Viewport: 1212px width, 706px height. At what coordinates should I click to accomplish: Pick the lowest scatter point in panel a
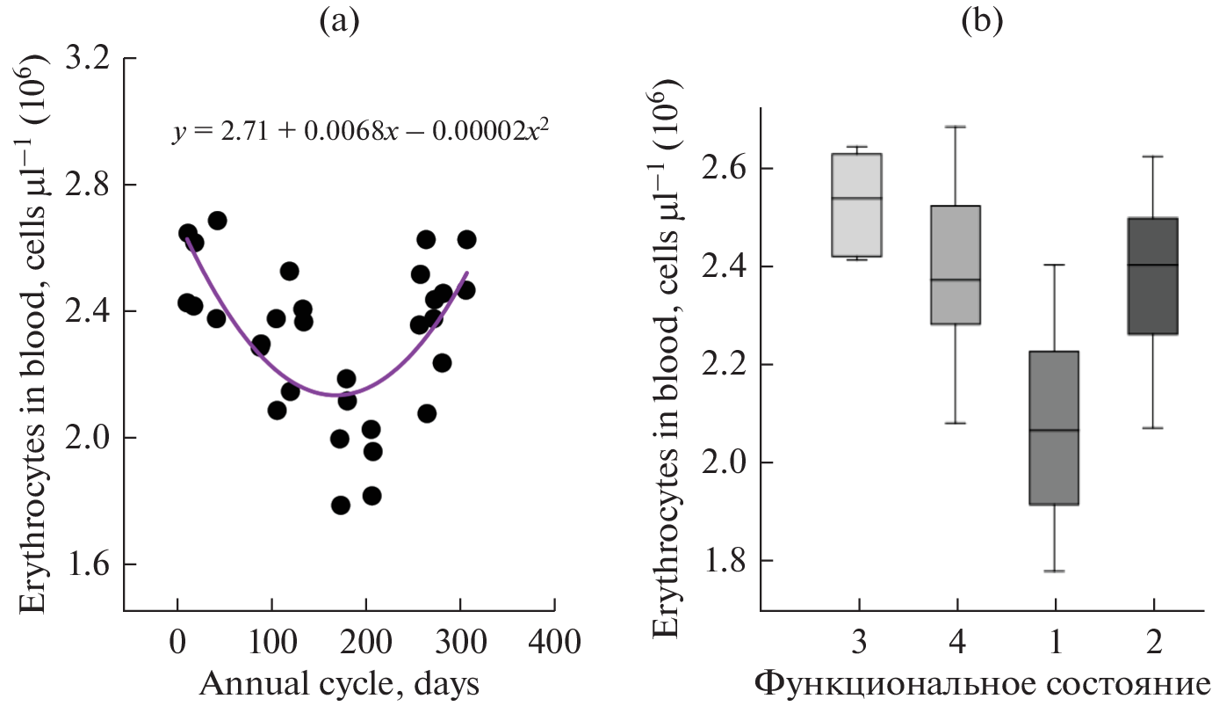coord(341,506)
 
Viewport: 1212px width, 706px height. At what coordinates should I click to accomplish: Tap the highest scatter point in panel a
coord(217,221)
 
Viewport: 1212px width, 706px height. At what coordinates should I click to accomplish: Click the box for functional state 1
coord(1055,428)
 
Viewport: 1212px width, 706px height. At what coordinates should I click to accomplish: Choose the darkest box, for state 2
coord(1153,276)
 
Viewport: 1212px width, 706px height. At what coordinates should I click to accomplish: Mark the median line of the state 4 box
coord(956,280)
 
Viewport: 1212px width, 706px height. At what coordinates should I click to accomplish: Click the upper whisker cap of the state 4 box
coord(956,127)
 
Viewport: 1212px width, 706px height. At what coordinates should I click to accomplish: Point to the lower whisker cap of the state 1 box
coord(1055,571)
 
